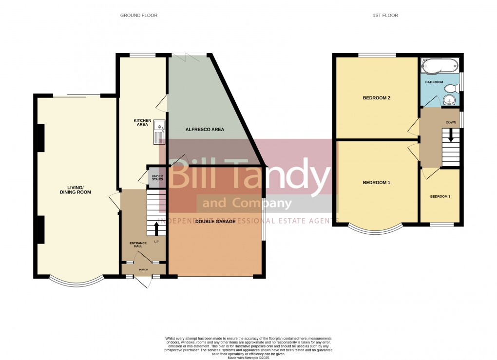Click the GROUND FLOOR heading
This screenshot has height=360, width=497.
[x=139, y=16]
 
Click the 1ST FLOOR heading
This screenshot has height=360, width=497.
[x=385, y=16]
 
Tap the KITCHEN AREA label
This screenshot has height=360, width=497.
[x=141, y=122]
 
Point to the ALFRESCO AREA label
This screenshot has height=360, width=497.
[x=205, y=130]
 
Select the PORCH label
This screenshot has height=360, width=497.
[x=143, y=269]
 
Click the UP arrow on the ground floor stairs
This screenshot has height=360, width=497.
[x=156, y=228]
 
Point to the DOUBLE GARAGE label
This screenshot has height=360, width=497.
[x=215, y=222]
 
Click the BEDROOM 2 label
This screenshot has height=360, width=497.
[x=377, y=98]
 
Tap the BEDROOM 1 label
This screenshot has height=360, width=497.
[x=377, y=183]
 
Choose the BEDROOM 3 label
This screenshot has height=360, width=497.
[x=440, y=197]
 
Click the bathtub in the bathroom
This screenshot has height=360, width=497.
[x=440, y=65]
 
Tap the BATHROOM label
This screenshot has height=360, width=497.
[x=434, y=82]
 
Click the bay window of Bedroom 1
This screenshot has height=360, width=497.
[x=375, y=228]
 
